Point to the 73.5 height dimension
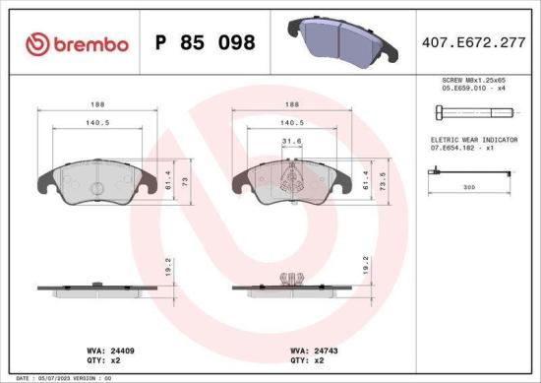[385, 180]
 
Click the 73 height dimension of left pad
[186, 181]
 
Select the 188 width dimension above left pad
[95, 103]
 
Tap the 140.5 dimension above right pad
[290, 123]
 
